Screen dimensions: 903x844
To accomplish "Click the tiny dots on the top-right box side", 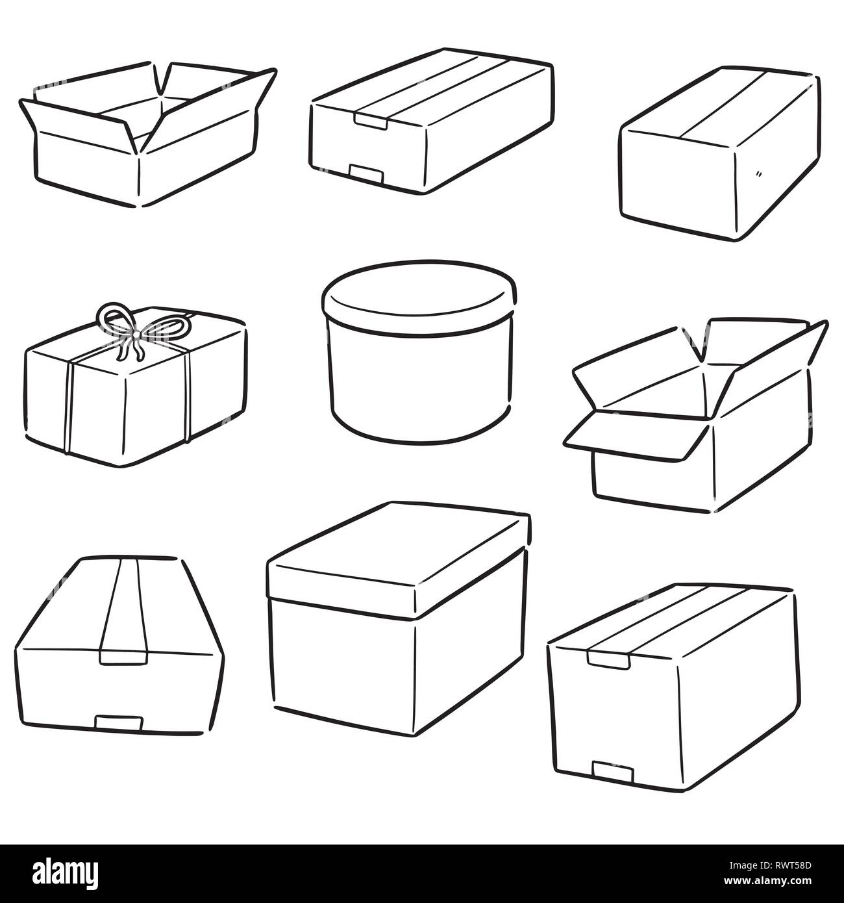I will click(x=758, y=175).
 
